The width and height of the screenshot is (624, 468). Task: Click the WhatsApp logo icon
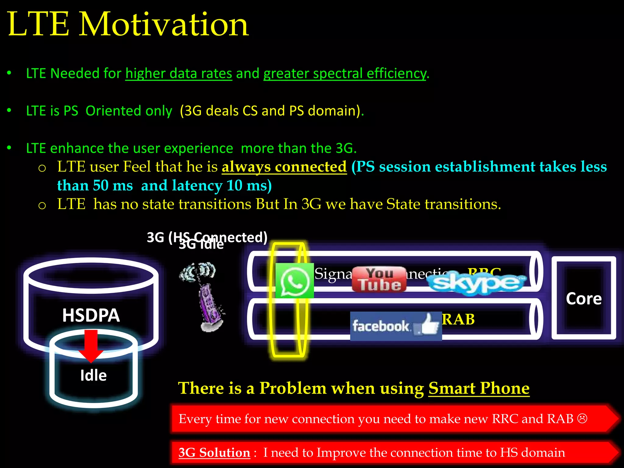coord(294,281)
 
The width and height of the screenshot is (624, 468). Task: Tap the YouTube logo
coord(379,279)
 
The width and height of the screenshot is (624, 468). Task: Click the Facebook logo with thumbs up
coord(396,326)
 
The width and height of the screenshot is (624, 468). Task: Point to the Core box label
coord(583,299)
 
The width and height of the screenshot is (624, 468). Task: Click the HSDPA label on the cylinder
coord(91,315)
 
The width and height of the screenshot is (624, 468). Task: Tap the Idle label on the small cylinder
coord(93,375)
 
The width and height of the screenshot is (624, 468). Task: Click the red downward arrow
coord(91,346)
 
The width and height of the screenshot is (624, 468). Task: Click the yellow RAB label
coord(458,320)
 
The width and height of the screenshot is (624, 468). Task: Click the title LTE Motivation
coord(128,24)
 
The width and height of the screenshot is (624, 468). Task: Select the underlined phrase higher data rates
coord(179,73)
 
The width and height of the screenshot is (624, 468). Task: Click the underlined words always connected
coord(284,167)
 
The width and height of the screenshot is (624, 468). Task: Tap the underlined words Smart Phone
coord(479,388)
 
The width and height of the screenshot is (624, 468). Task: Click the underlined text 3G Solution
coord(214,452)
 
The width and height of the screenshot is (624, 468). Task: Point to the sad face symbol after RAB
coord(582,418)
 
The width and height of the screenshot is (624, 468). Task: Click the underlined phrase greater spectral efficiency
coord(345,73)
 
